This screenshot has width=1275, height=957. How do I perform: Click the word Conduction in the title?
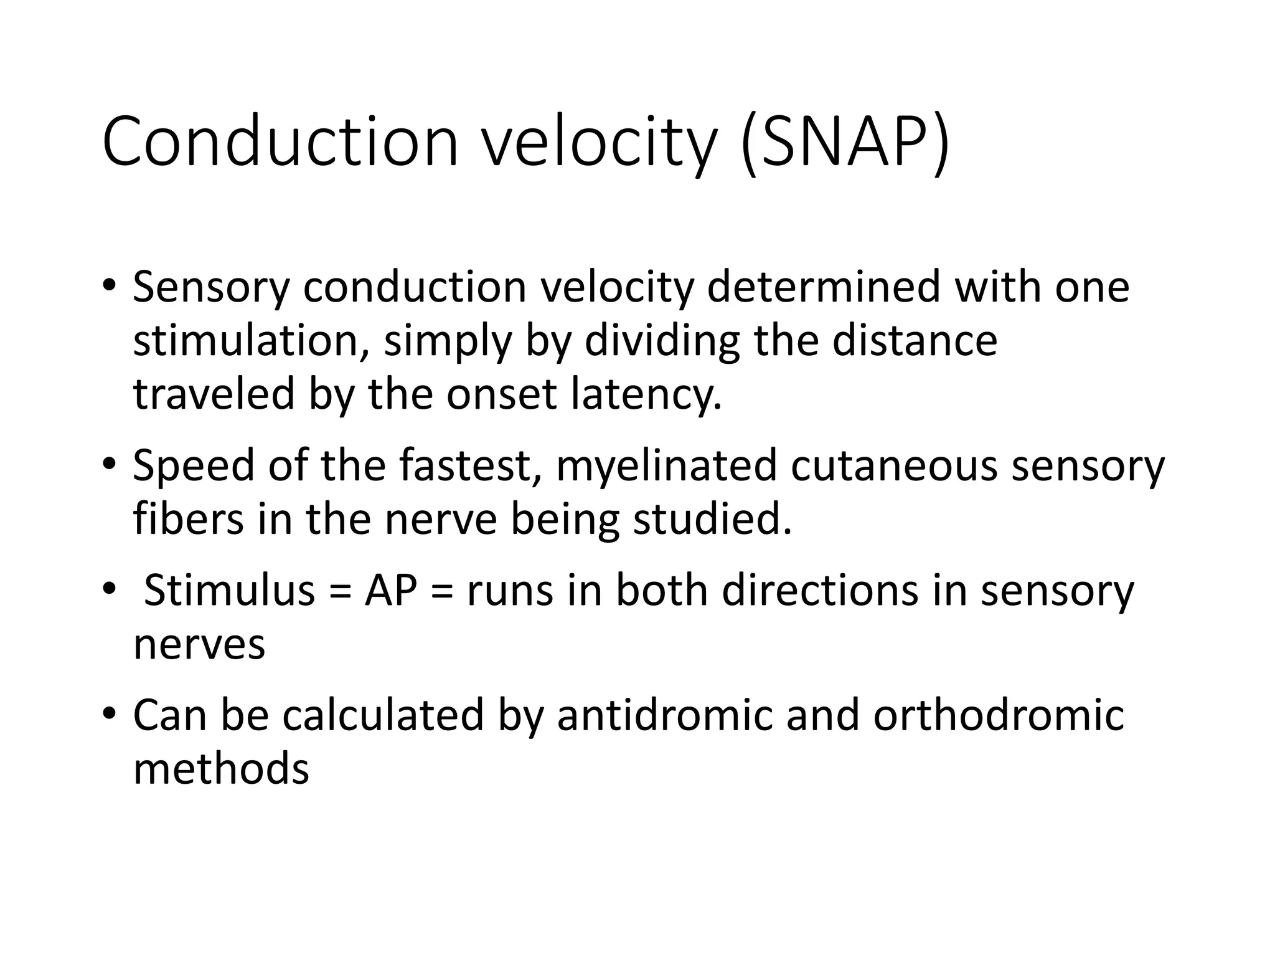(280, 141)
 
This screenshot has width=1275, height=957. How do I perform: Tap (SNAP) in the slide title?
(844, 143)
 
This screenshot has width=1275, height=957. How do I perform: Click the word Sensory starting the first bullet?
(211, 288)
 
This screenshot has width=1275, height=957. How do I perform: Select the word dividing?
(662, 341)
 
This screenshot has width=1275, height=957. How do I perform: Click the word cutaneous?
(894, 466)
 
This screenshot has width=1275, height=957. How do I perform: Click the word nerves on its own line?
(199, 645)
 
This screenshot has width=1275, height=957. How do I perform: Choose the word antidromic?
(664, 715)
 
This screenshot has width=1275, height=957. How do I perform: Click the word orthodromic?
(999, 715)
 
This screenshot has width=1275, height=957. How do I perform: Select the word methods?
(221, 769)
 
